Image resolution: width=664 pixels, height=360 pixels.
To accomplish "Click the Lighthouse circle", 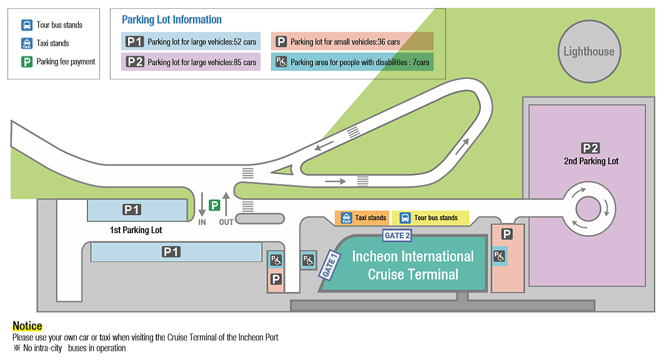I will click(x=588, y=52).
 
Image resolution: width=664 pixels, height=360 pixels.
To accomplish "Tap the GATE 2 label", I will click(x=397, y=236).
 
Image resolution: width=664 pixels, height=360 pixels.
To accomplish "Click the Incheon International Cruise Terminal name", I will click(x=413, y=265).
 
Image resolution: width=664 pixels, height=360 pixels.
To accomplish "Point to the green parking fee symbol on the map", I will click(x=214, y=205).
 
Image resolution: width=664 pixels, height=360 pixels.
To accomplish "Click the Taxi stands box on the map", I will click(x=363, y=217).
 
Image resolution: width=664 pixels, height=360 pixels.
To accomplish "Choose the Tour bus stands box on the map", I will click(x=429, y=217).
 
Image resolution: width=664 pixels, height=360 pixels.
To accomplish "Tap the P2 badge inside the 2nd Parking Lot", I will click(x=590, y=148).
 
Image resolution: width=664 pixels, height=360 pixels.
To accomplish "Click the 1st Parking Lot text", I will click(x=136, y=230).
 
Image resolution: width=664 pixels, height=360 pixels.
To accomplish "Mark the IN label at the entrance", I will click(x=202, y=222).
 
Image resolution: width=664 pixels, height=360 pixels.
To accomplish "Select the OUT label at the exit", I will click(x=226, y=222).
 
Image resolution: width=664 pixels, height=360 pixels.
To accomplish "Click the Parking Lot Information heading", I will click(x=172, y=20).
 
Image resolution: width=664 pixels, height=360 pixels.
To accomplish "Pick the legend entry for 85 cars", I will click(x=191, y=62).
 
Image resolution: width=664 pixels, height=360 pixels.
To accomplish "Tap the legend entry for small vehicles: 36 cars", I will click(x=352, y=42).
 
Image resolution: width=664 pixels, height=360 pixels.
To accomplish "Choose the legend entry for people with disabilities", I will click(x=352, y=62).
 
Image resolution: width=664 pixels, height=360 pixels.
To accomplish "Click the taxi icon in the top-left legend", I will click(x=27, y=43).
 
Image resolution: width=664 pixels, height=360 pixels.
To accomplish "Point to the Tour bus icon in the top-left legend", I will click(x=27, y=25).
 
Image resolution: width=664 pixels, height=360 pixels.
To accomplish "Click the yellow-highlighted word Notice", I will click(x=27, y=326).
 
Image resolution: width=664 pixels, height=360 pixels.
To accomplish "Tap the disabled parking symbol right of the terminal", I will click(x=499, y=256).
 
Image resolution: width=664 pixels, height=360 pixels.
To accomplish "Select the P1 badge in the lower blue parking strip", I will click(x=171, y=252).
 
